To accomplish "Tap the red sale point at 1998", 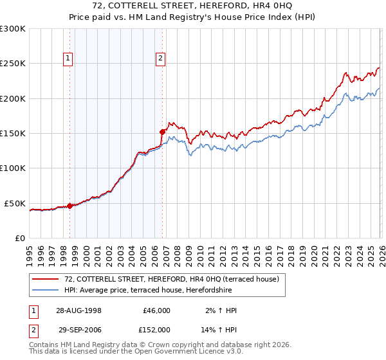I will (70, 206).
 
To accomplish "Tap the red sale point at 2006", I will (162, 132).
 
